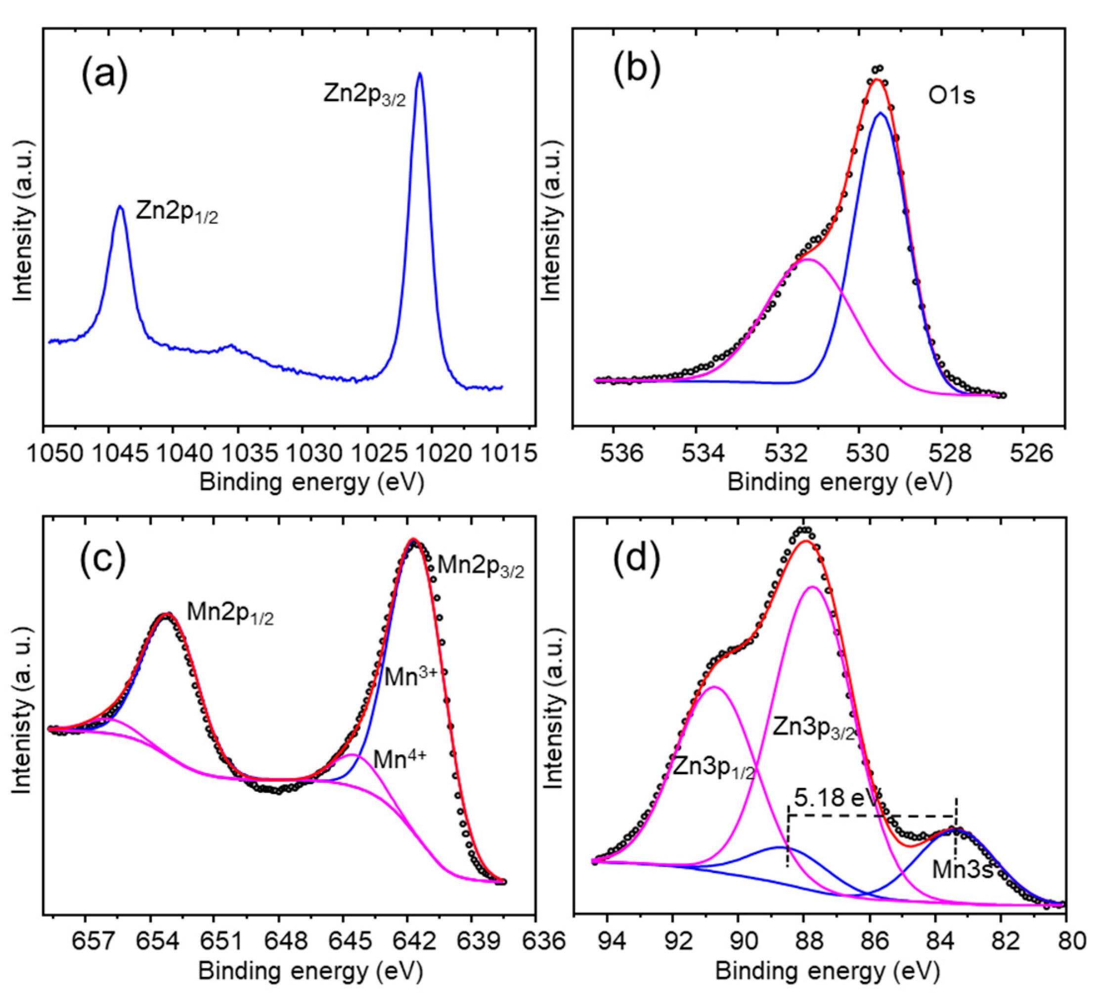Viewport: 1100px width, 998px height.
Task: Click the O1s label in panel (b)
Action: (952, 96)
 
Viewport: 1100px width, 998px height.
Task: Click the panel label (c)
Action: (103, 562)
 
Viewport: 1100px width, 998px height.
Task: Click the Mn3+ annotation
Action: (410, 677)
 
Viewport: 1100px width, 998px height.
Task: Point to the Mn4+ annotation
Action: (399, 759)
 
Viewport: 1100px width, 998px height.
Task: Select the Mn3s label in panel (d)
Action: (962, 870)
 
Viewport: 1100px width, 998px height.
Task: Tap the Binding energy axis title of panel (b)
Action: (840, 482)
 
